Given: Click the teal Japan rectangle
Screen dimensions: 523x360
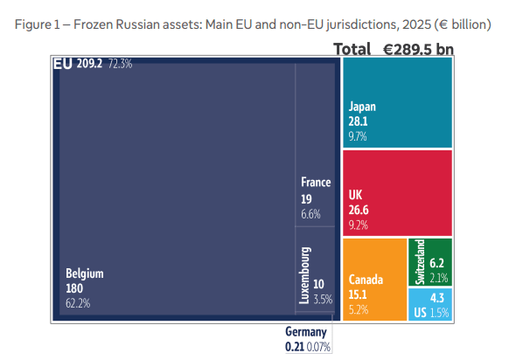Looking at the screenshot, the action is pos(398,102).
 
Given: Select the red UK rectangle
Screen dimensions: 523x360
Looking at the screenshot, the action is pos(398,193).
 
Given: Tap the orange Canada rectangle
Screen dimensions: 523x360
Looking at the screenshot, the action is pos(375,280).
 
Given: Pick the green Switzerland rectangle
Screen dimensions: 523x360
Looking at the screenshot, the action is pos(430,262).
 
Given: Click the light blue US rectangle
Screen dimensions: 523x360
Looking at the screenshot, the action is pos(430,304).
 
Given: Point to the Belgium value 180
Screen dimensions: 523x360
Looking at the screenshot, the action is pos(74,288).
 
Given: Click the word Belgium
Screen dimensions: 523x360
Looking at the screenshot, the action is pos(84,273).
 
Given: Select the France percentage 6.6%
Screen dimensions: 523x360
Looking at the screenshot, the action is pos(310,214).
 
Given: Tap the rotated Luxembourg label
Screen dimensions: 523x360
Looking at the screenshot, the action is pos(304,275).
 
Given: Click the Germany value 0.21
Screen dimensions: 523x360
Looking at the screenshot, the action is pos(295,347).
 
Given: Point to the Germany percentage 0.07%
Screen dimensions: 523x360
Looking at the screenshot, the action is pos(318,347).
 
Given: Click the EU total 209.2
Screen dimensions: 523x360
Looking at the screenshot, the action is pos(89,63).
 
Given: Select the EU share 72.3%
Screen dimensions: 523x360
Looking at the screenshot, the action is pos(120,63).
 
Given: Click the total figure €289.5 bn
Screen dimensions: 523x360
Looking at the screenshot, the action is pos(418,49).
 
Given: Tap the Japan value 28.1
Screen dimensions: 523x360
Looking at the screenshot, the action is pos(358,121).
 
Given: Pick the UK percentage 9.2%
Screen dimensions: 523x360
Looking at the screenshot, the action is pos(359,225).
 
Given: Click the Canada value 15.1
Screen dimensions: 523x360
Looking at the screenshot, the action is pos(358,294).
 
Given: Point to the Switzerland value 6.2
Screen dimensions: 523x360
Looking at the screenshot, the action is pos(436,263).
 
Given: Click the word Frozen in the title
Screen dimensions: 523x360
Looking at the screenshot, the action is pos(93,24).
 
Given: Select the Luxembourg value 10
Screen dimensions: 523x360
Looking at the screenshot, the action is pos(318,284).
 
